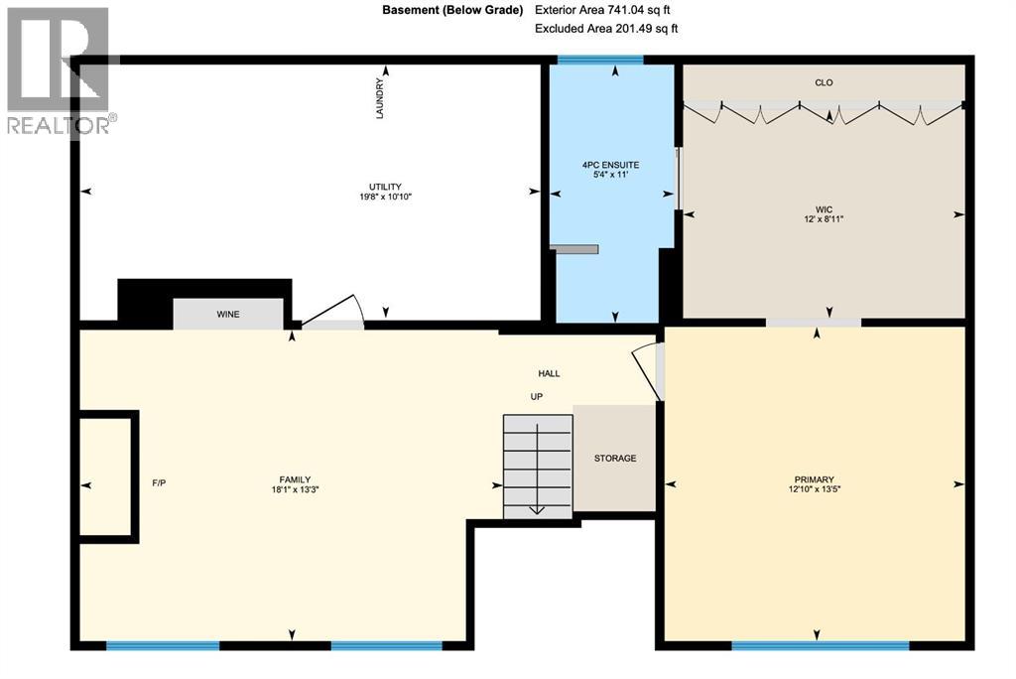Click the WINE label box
click(x=228, y=314)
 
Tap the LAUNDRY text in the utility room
click(x=379, y=99)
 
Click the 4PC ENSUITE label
click(x=610, y=170)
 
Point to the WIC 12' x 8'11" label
click(x=824, y=213)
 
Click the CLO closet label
click(x=824, y=82)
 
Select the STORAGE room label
click(x=615, y=458)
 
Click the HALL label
click(x=549, y=373)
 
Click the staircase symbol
click(x=537, y=465)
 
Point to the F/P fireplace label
click(x=159, y=483)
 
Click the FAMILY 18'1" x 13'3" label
click(x=295, y=484)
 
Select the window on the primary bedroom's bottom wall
click(x=820, y=645)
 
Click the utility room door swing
click(x=333, y=313)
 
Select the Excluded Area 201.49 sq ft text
click(x=605, y=29)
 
